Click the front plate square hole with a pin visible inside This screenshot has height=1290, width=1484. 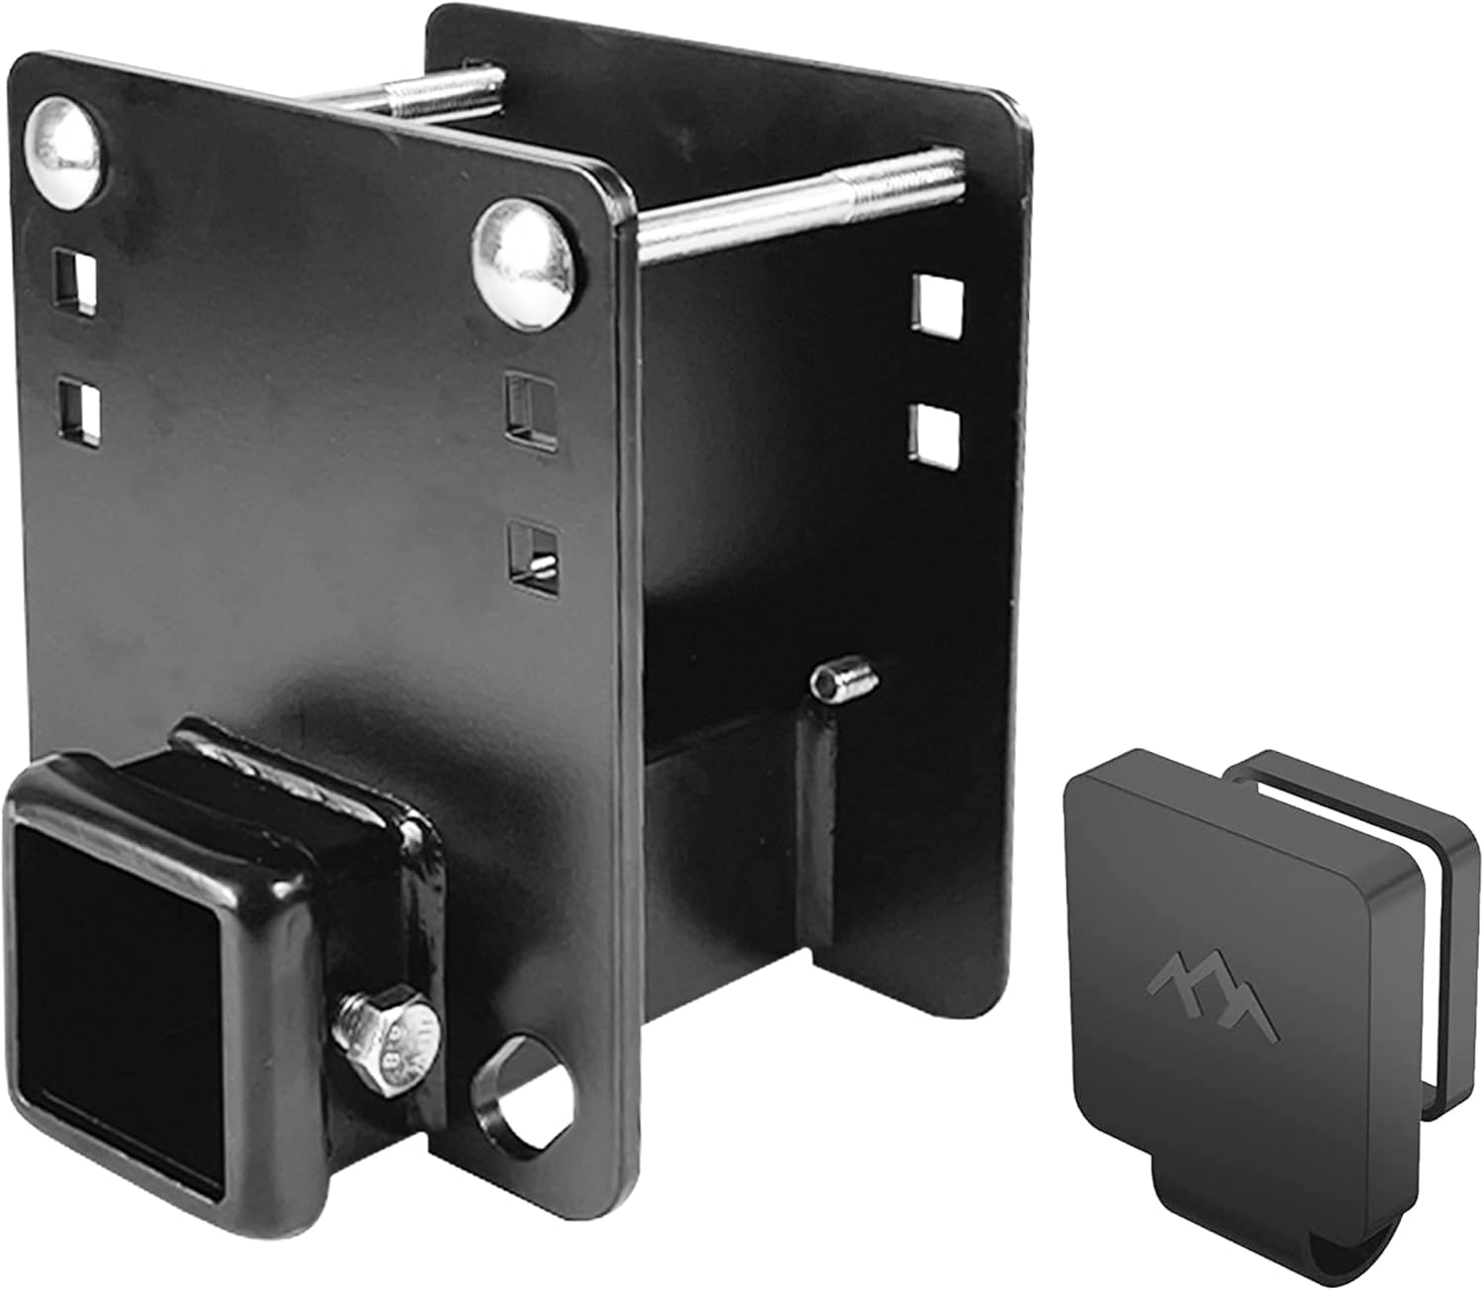click(x=531, y=552)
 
